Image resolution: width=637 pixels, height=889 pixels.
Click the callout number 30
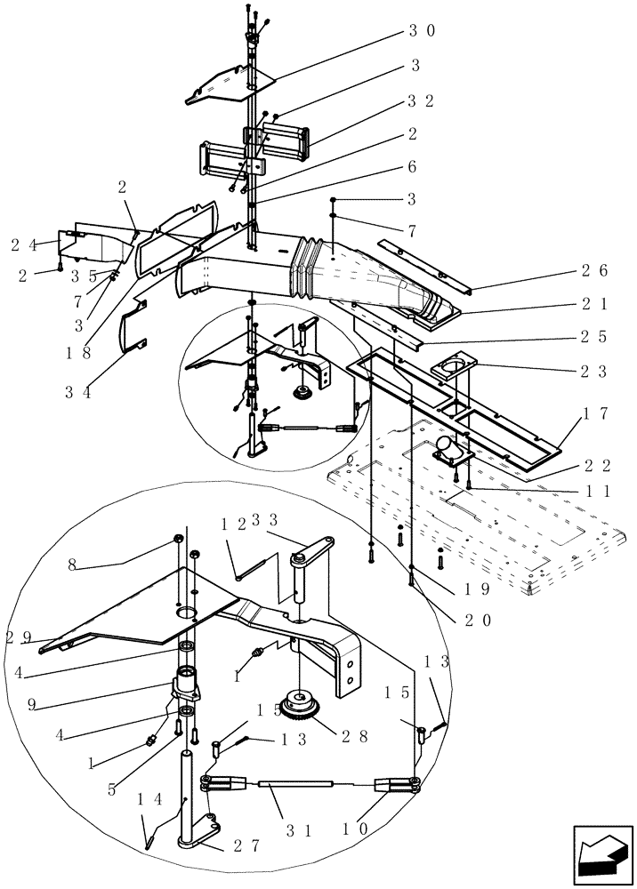pos(422,30)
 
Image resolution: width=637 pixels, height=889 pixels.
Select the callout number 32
pos(422,101)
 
